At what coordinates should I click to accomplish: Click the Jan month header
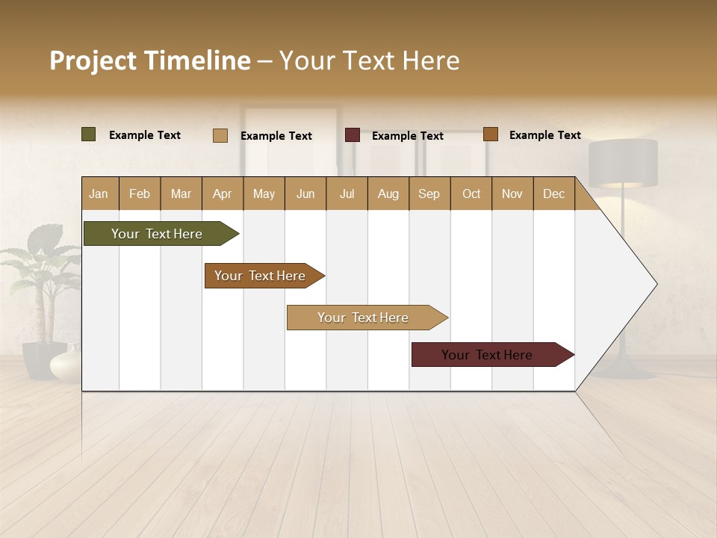[x=99, y=194]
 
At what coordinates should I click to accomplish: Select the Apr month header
[x=223, y=194]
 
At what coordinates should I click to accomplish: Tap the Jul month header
[x=347, y=194]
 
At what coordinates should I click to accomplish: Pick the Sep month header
[x=429, y=194]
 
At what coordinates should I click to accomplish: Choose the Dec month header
[x=553, y=194]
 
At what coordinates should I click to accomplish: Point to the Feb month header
[x=140, y=194]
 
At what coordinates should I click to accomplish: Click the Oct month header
[x=471, y=194]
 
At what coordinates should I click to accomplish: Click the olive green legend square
[x=89, y=134]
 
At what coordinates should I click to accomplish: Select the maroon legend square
[x=353, y=135]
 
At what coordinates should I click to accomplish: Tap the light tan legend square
[x=220, y=135]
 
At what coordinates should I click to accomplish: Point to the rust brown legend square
[x=491, y=134]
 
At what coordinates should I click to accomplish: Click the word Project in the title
[x=93, y=61]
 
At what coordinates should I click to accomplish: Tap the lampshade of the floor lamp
[x=623, y=163]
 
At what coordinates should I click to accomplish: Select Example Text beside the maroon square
[x=407, y=136]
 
